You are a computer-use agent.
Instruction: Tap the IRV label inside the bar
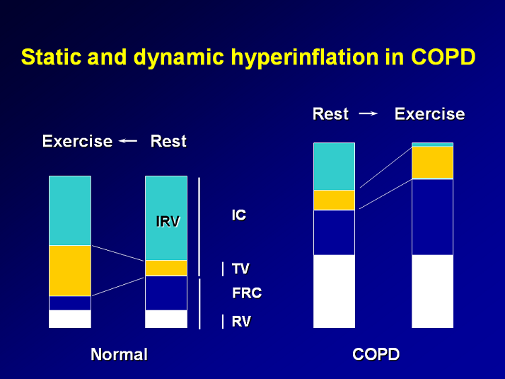pos(168,221)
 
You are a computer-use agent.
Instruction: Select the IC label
pos(239,215)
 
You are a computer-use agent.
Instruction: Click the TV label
pos(240,269)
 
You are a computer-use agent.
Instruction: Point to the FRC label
pos(247,293)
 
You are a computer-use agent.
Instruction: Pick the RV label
pos(241,322)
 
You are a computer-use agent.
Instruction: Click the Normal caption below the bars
pos(119,354)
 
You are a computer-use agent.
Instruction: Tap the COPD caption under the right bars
pos(376,354)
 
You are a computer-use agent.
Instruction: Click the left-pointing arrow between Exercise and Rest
pos(128,141)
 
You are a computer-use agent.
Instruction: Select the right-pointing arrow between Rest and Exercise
pos(368,113)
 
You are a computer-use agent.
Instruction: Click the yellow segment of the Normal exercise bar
pos(70,270)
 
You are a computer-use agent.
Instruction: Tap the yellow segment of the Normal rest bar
pos(166,268)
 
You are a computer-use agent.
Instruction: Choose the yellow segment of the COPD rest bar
pos(334,200)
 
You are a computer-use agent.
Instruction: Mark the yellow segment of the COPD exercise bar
pos(432,162)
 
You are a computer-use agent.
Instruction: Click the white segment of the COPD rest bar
pos(334,291)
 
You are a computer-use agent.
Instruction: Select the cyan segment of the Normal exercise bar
pos(70,210)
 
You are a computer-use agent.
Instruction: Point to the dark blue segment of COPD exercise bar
pos(432,217)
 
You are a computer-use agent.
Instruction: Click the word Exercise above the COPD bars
pos(429,114)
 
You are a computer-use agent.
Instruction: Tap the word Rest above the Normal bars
pos(168,141)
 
